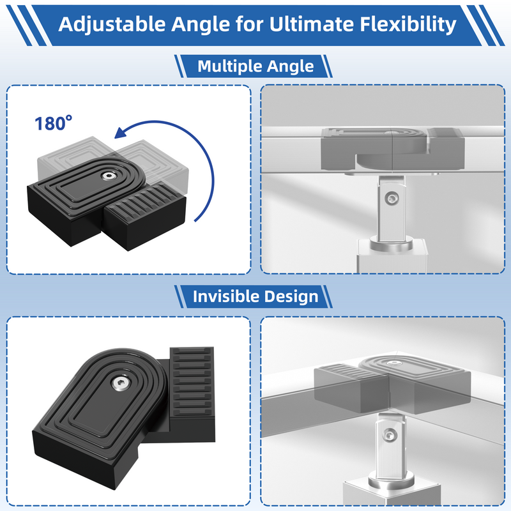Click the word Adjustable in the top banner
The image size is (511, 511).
(x=112, y=24)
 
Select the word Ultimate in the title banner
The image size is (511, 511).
(x=312, y=24)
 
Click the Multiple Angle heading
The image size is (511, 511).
(x=256, y=66)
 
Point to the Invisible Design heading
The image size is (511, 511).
(x=256, y=296)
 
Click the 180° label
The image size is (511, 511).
(x=54, y=123)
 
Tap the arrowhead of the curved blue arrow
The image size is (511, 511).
(x=121, y=133)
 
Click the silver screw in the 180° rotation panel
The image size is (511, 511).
(x=107, y=176)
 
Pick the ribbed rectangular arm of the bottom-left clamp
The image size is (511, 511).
(x=192, y=394)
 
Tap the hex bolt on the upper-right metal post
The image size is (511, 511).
(x=391, y=198)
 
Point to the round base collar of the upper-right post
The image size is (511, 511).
(x=391, y=245)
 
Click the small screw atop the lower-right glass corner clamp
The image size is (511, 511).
(x=394, y=362)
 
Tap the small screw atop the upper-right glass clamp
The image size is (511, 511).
(x=395, y=132)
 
